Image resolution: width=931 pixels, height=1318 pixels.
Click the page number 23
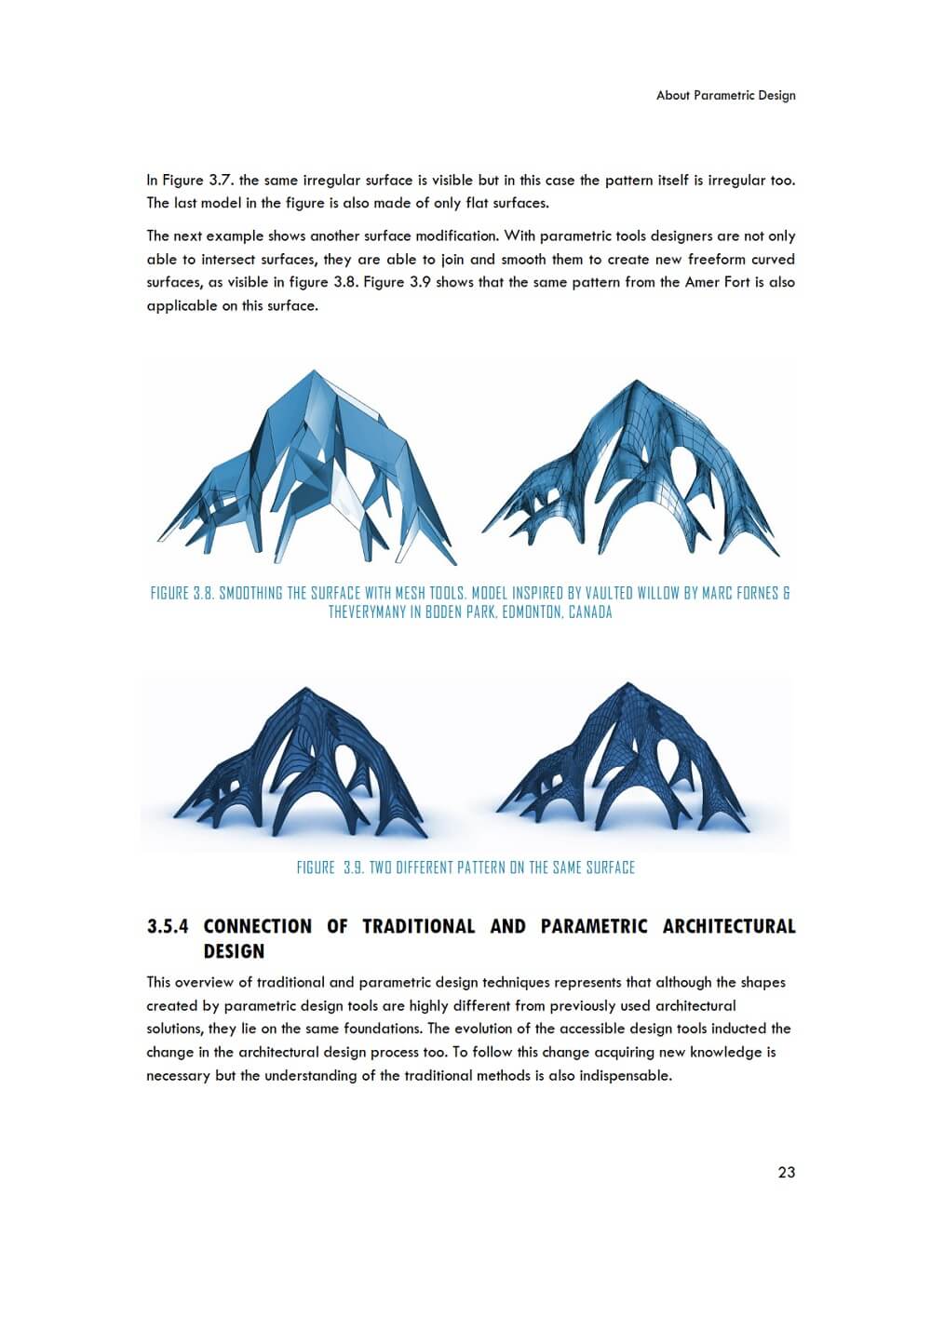(x=786, y=1173)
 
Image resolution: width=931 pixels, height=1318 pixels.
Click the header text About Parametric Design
(x=725, y=95)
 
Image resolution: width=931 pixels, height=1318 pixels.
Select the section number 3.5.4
(x=168, y=926)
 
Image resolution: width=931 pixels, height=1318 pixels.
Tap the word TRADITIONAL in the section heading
(x=418, y=926)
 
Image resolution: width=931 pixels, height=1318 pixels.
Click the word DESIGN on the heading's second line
(x=234, y=951)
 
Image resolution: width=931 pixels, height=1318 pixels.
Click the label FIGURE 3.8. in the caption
(x=182, y=593)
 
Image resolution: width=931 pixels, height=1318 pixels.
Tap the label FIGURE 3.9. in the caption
(x=330, y=867)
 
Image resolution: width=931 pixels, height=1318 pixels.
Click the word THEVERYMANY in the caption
(x=367, y=612)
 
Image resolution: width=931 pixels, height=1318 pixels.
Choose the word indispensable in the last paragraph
(x=625, y=1075)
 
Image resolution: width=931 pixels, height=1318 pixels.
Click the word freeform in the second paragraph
(x=716, y=259)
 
